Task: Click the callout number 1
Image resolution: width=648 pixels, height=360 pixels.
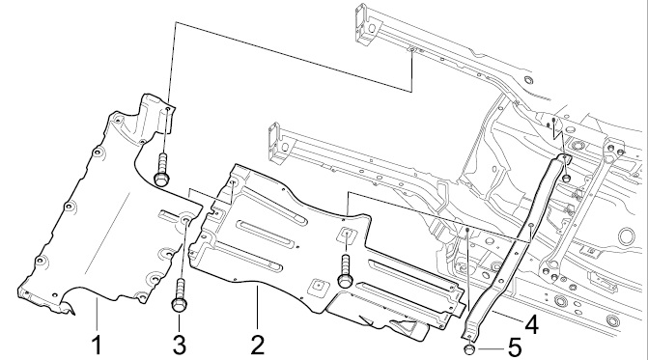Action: pyautogui.click(x=98, y=346)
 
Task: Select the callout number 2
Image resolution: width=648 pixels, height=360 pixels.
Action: pyautogui.click(x=257, y=346)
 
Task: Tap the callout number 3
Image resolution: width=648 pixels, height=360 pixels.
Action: pyautogui.click(x=180, y=346)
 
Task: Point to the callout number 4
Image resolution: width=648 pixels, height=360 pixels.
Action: pyautogui.click(x=531, y=324)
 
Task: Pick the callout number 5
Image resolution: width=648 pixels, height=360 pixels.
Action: pyautogui.click(x=514, y=348)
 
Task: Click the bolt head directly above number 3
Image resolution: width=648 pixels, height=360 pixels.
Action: pyautogui.click(x=180, y=305)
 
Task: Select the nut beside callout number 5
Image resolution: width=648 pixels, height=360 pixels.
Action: pyautogui.click(x=470, y=349)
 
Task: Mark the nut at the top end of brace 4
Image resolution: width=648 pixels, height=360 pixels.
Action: pyautogui.click(x=567, y=179)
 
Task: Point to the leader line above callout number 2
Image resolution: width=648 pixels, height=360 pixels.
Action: pyautogui.click(x=257, y=308)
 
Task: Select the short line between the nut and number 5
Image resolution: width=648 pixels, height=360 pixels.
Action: pyautogui.click(x=491, y=349)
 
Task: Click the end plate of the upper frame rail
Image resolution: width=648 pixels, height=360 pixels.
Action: pyautogui.click(x=361, y=23)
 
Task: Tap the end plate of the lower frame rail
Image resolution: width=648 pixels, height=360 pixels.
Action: pyautogui.click(x=274, y=143)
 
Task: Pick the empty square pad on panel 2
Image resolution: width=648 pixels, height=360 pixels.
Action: pyautogui.click(x=319, y=285)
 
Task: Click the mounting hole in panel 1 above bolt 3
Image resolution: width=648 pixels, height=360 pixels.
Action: pyautogui.click(x=185, y=220)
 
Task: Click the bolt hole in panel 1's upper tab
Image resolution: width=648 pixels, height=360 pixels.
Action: pyautogui.click(x=167, y=109)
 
